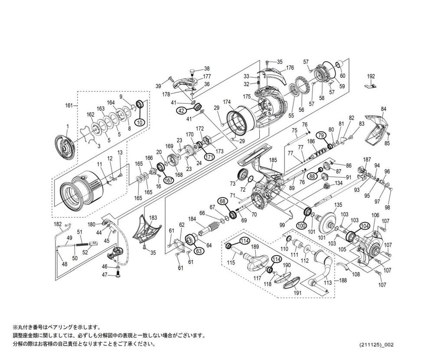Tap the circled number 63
tap(199, 251)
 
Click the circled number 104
tap(365, 226)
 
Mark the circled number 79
tap(321, 135)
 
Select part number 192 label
tap(371, 76)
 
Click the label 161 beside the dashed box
tap(69, 105)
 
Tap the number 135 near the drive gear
tap(338, 205)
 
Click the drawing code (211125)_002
tap(376, 344)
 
